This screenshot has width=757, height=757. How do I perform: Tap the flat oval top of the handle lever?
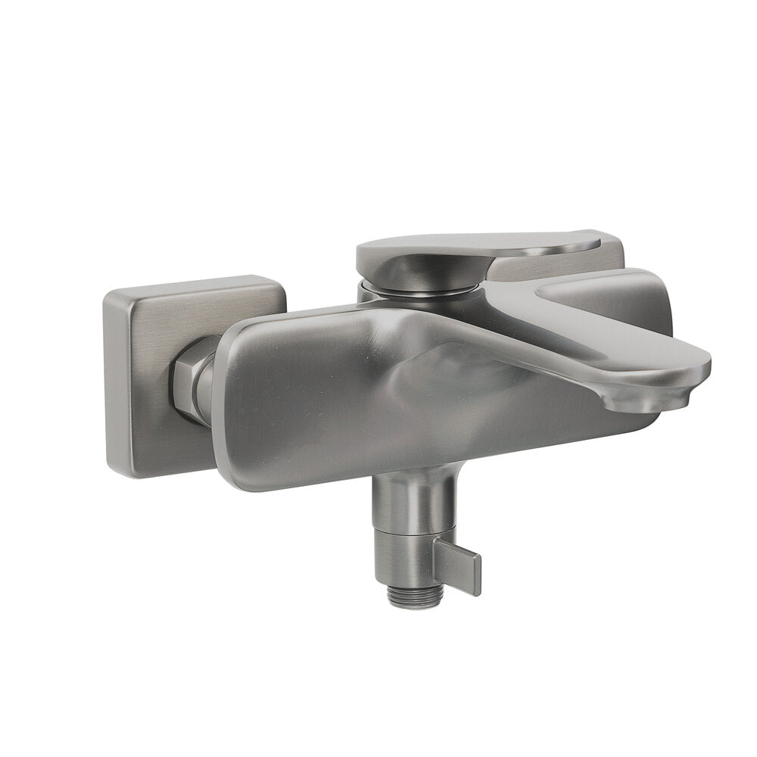(x=469, y=244)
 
